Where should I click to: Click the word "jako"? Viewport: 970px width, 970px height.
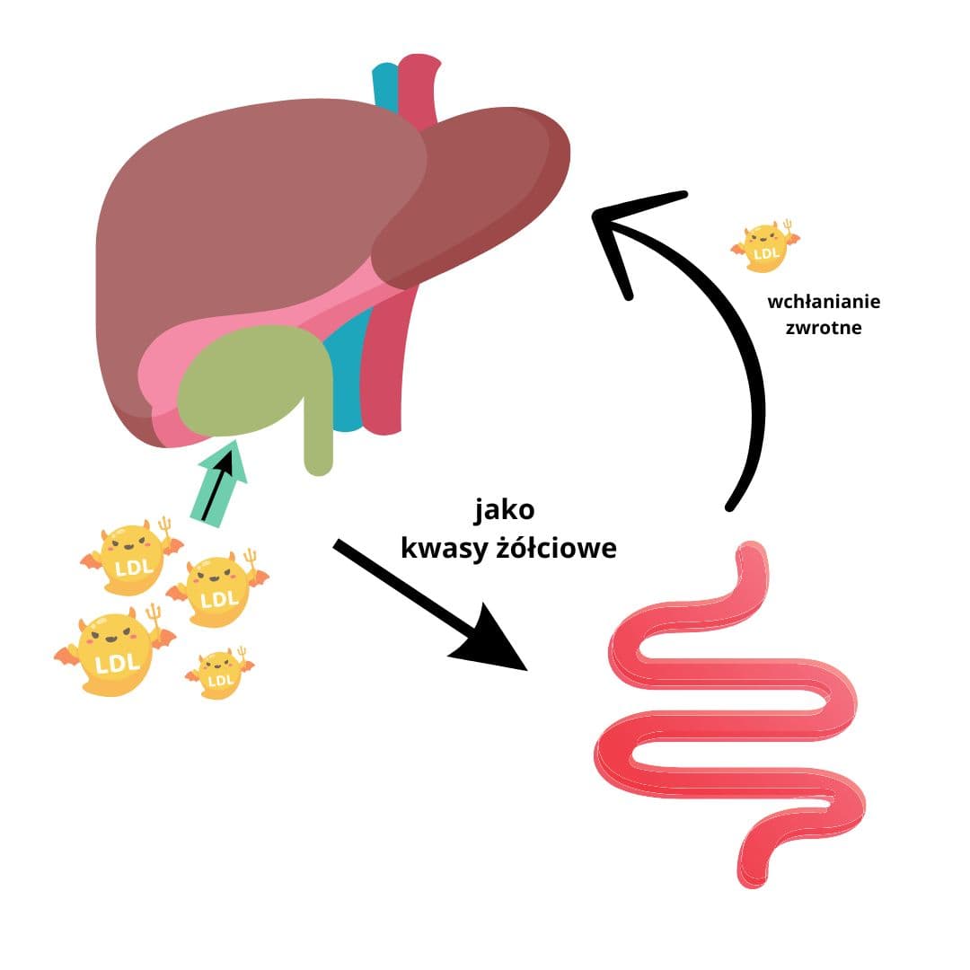(x=505, y=511)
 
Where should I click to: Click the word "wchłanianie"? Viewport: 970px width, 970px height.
(x=824, y=302)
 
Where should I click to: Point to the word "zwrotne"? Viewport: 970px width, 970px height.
(x=824, y=328)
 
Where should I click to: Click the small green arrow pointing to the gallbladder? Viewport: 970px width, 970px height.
(x=221, y=485)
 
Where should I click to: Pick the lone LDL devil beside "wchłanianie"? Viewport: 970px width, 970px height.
(x=765, y=245)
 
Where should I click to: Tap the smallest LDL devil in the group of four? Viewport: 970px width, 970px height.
(x=218, y=674)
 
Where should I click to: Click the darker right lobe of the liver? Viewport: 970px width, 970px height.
(x=476, y=198)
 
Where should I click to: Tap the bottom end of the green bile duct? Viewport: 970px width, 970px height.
(x=318, y=463)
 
